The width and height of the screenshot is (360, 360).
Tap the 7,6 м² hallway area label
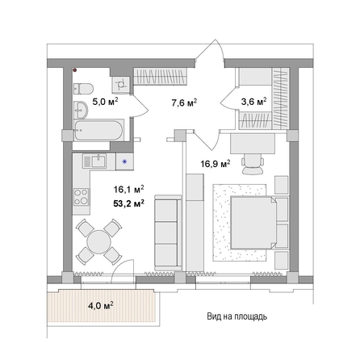[184, 103]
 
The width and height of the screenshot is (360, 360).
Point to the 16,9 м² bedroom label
[216, 163]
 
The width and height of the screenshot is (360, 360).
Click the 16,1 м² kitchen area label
[129, 189]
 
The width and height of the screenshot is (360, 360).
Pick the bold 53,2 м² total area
[129, 203]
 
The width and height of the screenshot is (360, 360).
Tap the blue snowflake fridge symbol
[124, 161]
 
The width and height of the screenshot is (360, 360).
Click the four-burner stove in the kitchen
[82, 196]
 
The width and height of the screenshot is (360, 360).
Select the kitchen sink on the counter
[95, 160]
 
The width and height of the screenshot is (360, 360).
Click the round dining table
[97, 241]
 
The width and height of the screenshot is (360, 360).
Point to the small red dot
[75, 70]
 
